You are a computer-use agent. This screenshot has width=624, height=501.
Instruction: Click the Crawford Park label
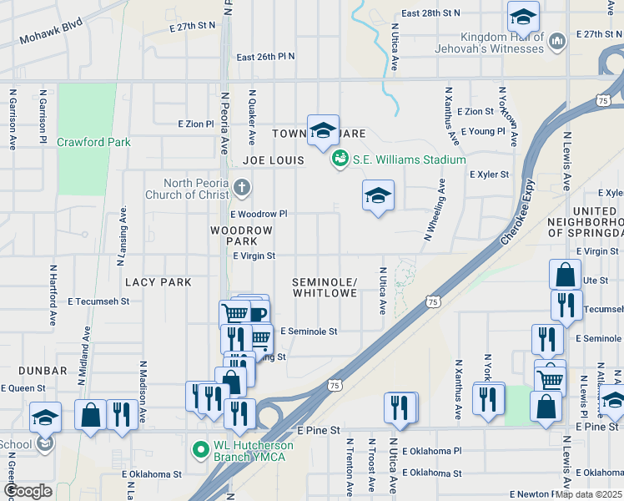click(x=93, y=142)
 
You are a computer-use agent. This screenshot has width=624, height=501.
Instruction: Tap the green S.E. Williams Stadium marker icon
click(x=340, y=159)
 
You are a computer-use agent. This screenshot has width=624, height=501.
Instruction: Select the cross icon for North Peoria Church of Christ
click(x=241, y=186)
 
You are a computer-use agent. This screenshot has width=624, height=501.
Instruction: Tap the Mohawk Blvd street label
click(x=51, y=34)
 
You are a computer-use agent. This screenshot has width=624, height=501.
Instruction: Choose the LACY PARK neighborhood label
click(x=159, y=282)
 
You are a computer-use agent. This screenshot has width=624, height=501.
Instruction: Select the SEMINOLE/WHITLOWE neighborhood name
click(x=325, y=288)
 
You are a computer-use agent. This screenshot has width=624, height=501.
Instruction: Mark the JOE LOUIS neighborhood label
click(x=270, y=159)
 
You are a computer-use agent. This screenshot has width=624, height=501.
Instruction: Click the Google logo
click(x=28, y=491)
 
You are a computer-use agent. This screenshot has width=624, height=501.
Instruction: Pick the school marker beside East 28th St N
click(x=523, y=16)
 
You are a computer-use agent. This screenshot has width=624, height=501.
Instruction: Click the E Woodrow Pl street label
click(x=259, y=215)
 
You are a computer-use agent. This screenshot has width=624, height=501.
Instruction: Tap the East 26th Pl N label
click(x=265, y=57)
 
